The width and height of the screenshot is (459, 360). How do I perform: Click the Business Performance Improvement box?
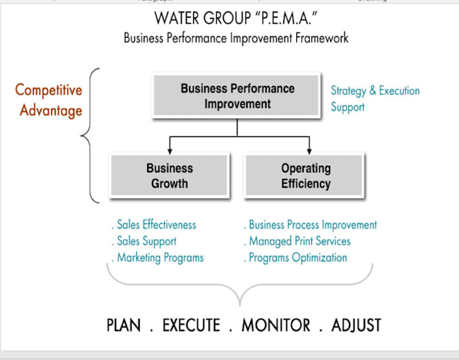(x=238, y=96)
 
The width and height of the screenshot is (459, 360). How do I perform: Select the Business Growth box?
(x=169, y=176)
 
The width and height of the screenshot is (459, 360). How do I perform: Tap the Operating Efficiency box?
(x=306, y=176)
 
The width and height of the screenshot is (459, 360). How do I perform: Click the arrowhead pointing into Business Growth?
(x=169, y=149)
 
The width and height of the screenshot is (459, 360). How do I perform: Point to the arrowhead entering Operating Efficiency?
(x=309, y=149)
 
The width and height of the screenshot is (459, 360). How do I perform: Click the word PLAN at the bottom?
(x=124, y=325)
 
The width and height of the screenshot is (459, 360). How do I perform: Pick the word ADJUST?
(x=356, y=325)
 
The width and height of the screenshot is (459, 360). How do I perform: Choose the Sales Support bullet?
(x=146, y=241)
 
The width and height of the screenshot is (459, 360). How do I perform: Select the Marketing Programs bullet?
(x=160, y=257)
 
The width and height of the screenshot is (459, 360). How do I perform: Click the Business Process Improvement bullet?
(x=313, y=225)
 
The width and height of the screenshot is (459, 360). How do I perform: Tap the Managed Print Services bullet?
(x=300, y=241)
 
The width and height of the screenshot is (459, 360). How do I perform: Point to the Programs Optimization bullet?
(x=298, y=257)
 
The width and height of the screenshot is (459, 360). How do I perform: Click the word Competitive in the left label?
(x=49, y=90)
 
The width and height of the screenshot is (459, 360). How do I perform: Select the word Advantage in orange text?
(x=51, y=110)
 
